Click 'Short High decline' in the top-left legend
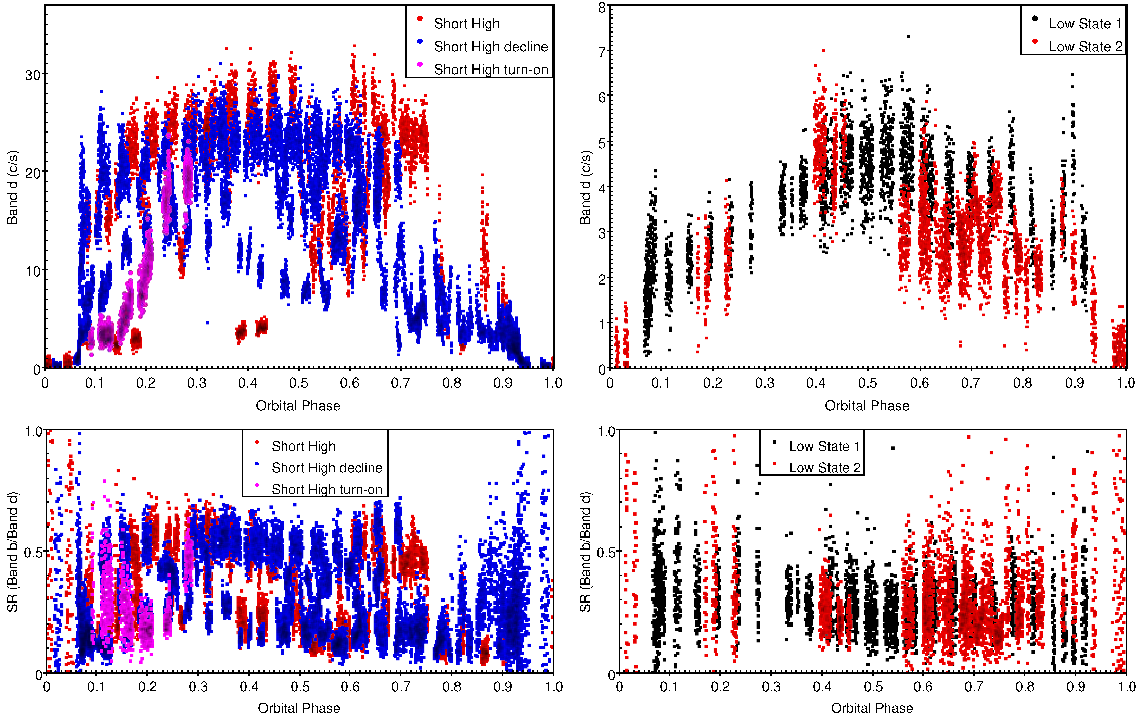coord(490,47)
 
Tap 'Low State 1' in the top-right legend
coord(1085,24)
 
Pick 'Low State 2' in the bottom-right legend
coord(824,468)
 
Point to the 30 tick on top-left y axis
coord(33,75)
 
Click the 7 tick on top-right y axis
coord(602,51)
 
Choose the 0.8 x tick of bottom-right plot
coord(1025,687)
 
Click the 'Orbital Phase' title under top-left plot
coord(298,406)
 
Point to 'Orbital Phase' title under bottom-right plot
coord(871,708)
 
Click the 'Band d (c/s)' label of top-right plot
coord(585,188)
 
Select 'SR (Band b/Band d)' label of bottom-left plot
coord(13,552)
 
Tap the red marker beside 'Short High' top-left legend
coord(420,18)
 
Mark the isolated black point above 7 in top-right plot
coord(908,37)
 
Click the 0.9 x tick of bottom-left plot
coord(503,687)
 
